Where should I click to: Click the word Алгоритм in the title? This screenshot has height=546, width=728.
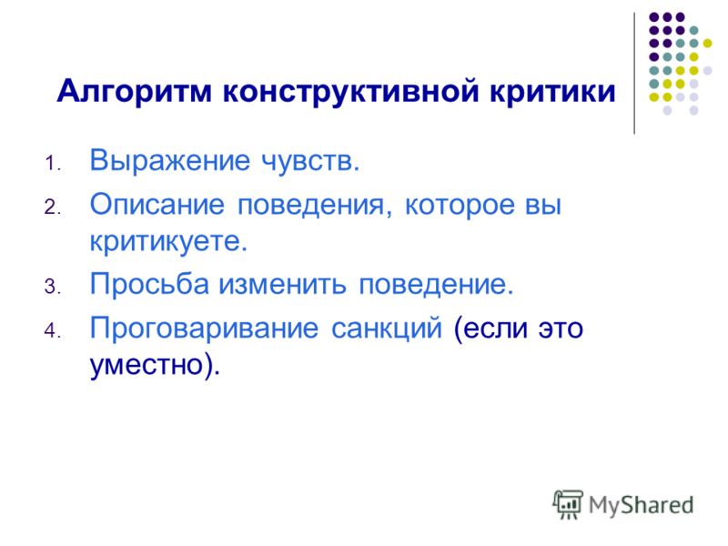pyautogui.click(x=135, y=92)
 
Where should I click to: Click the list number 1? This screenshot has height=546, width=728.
pyautogui.click(x=53, y=164)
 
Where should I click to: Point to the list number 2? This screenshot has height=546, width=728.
pyautogui.click(x=53, y=207)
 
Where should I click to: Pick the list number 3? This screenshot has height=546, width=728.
pyautogui.click(x=53, y=286)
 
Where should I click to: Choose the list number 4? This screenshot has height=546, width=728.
pyautogui.click(x=53, y=330)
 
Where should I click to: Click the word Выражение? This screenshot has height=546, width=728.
pyautogui.click(x=170, y=162)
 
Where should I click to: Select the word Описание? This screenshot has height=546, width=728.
pyautogui.click(x=157, y=204)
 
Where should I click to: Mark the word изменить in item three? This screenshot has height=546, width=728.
pyautogui.click(x=283, y=284)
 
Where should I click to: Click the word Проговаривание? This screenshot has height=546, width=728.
pyautogui.click(x=204, y=329)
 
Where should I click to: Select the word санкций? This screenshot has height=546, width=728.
pyautogui.click(x=386, y=329)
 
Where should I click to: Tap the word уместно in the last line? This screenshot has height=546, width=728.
pyautogui.click(x=147, y=365)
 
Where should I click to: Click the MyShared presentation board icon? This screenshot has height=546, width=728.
pyautogui.click(x=568, y=504)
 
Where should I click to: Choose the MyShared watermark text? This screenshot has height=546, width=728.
pyautogui.click(x=642, y=505)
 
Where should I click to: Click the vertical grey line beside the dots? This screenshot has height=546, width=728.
pyautogui.click(x=634, y=74)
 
